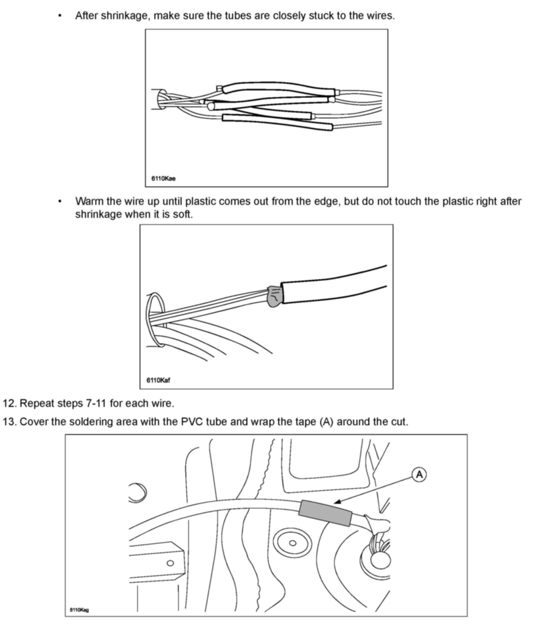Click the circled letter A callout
point(419,475)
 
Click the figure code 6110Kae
point(163,178)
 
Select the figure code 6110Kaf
point(158,380)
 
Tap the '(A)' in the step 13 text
point(326,421)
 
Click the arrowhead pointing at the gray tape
point(338,502)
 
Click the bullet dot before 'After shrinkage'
point(60,16)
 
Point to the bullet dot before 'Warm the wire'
point(60,201)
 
